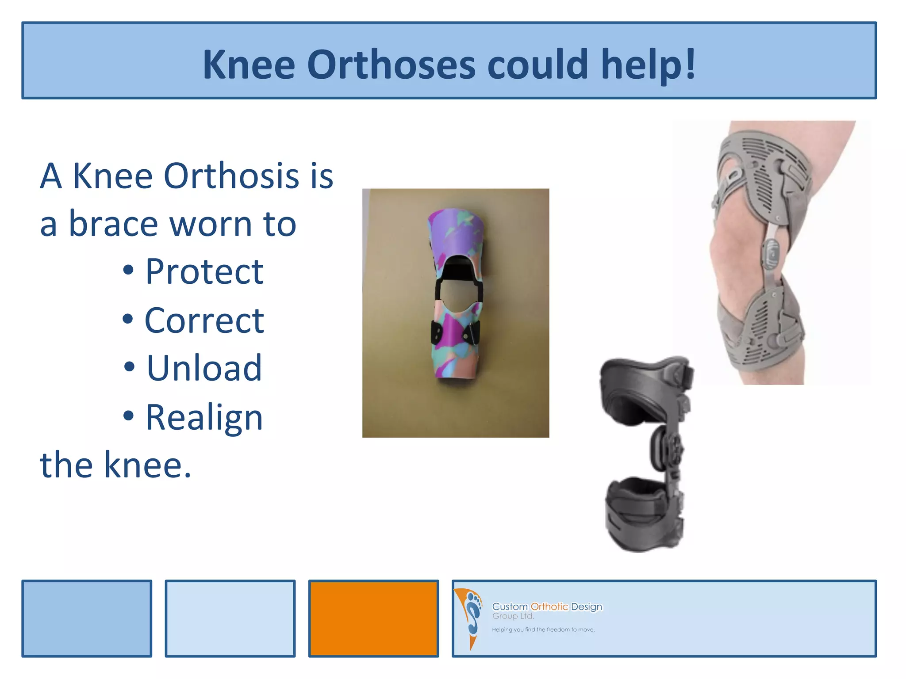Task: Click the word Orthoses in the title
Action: tap(391, 65)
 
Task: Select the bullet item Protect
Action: tap(204, 271)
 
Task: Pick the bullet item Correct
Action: tap(204, 320)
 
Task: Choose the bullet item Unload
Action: tap(204, 368)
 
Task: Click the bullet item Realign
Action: tap(204, 417)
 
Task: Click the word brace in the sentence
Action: tap(113, 224)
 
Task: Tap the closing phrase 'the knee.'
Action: tap(116, 465)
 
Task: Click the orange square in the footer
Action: tap(373, 618)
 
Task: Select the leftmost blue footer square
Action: tap(87, 618)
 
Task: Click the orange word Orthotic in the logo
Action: tap(549, 607)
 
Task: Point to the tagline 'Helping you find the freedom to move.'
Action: tap(543, 629)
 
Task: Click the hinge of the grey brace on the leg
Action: tap(772, 254)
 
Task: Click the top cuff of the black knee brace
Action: tap(641, 385)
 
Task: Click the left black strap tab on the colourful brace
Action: tap(437, 333)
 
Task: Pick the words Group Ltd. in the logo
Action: tap(513, 616)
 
